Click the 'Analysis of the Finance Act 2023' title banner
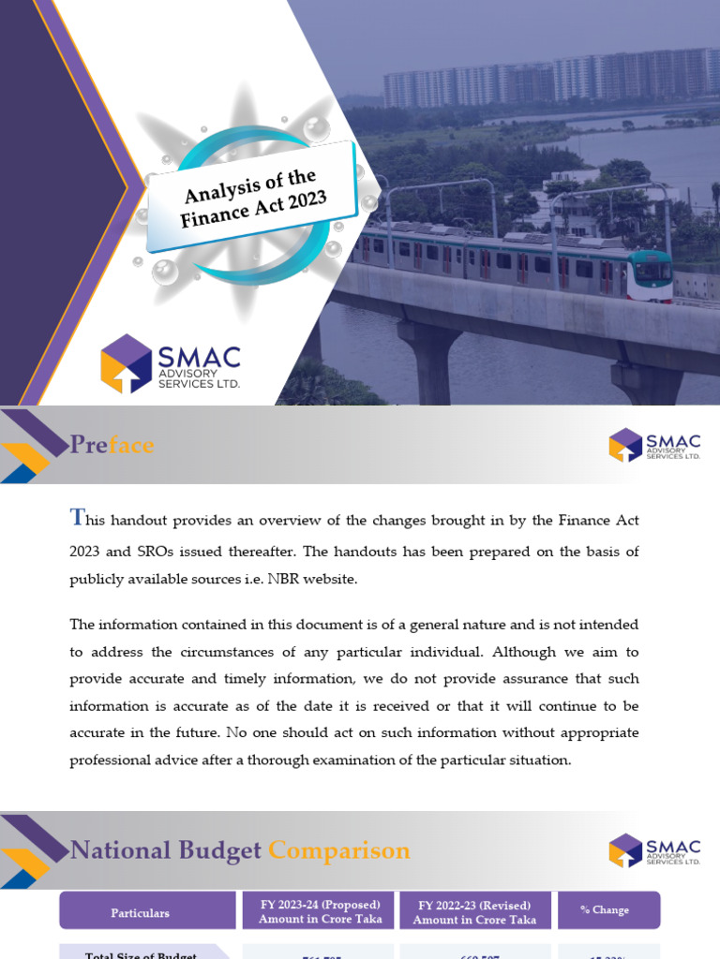point(250,197)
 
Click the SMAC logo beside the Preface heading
point(654,445)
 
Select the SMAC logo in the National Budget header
point(654,850)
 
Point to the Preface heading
point(112,445)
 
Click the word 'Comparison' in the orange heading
point(338,850)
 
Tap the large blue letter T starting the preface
point(77,518)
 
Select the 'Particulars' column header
point(141,912)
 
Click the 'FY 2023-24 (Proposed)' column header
point(320,912)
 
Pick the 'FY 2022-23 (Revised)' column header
point(474,912)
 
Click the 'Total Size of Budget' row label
point(141,954)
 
